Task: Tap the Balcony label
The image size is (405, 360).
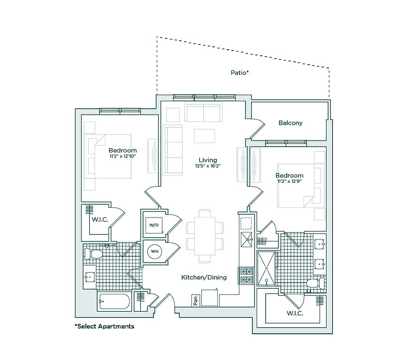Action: point(290,123)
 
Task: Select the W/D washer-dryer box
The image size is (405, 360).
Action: point(154,225)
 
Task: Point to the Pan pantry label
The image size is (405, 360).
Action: point(194,300)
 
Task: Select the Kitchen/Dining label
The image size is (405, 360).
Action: point(204,277)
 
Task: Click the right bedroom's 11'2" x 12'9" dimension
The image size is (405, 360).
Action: point(290,181)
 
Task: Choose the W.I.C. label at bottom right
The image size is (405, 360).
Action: point(295,313)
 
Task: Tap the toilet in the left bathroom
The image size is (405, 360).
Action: point(94,254)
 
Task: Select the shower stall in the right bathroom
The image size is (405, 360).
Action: point(266,268)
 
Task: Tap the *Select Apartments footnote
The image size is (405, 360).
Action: point(104,326)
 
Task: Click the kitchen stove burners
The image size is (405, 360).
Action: point(246,275)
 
